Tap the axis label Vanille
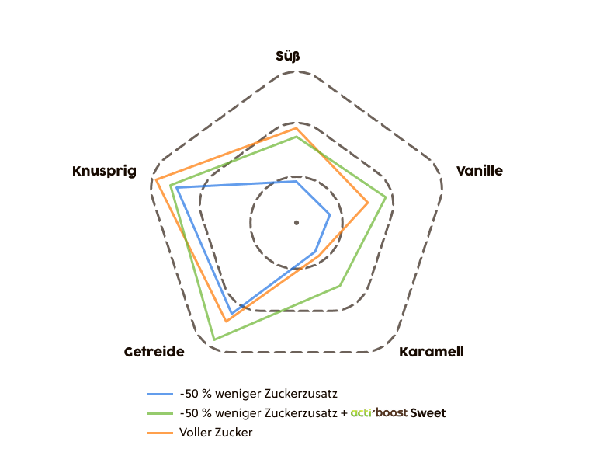tap(479, 171)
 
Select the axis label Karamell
tap(432, 352)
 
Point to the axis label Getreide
tap(154, 353)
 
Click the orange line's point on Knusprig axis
tap(155, 181)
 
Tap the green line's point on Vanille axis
tap(386, 197)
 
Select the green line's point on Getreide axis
tap(213, 340)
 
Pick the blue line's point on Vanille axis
tap(330, 214)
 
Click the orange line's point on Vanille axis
tap(368, 203)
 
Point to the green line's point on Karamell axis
tap(340, 286)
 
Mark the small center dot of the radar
tap(296, 223)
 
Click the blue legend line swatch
tap(160, 394)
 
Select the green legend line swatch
tap(160, 413)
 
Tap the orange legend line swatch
tap(160, 433)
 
